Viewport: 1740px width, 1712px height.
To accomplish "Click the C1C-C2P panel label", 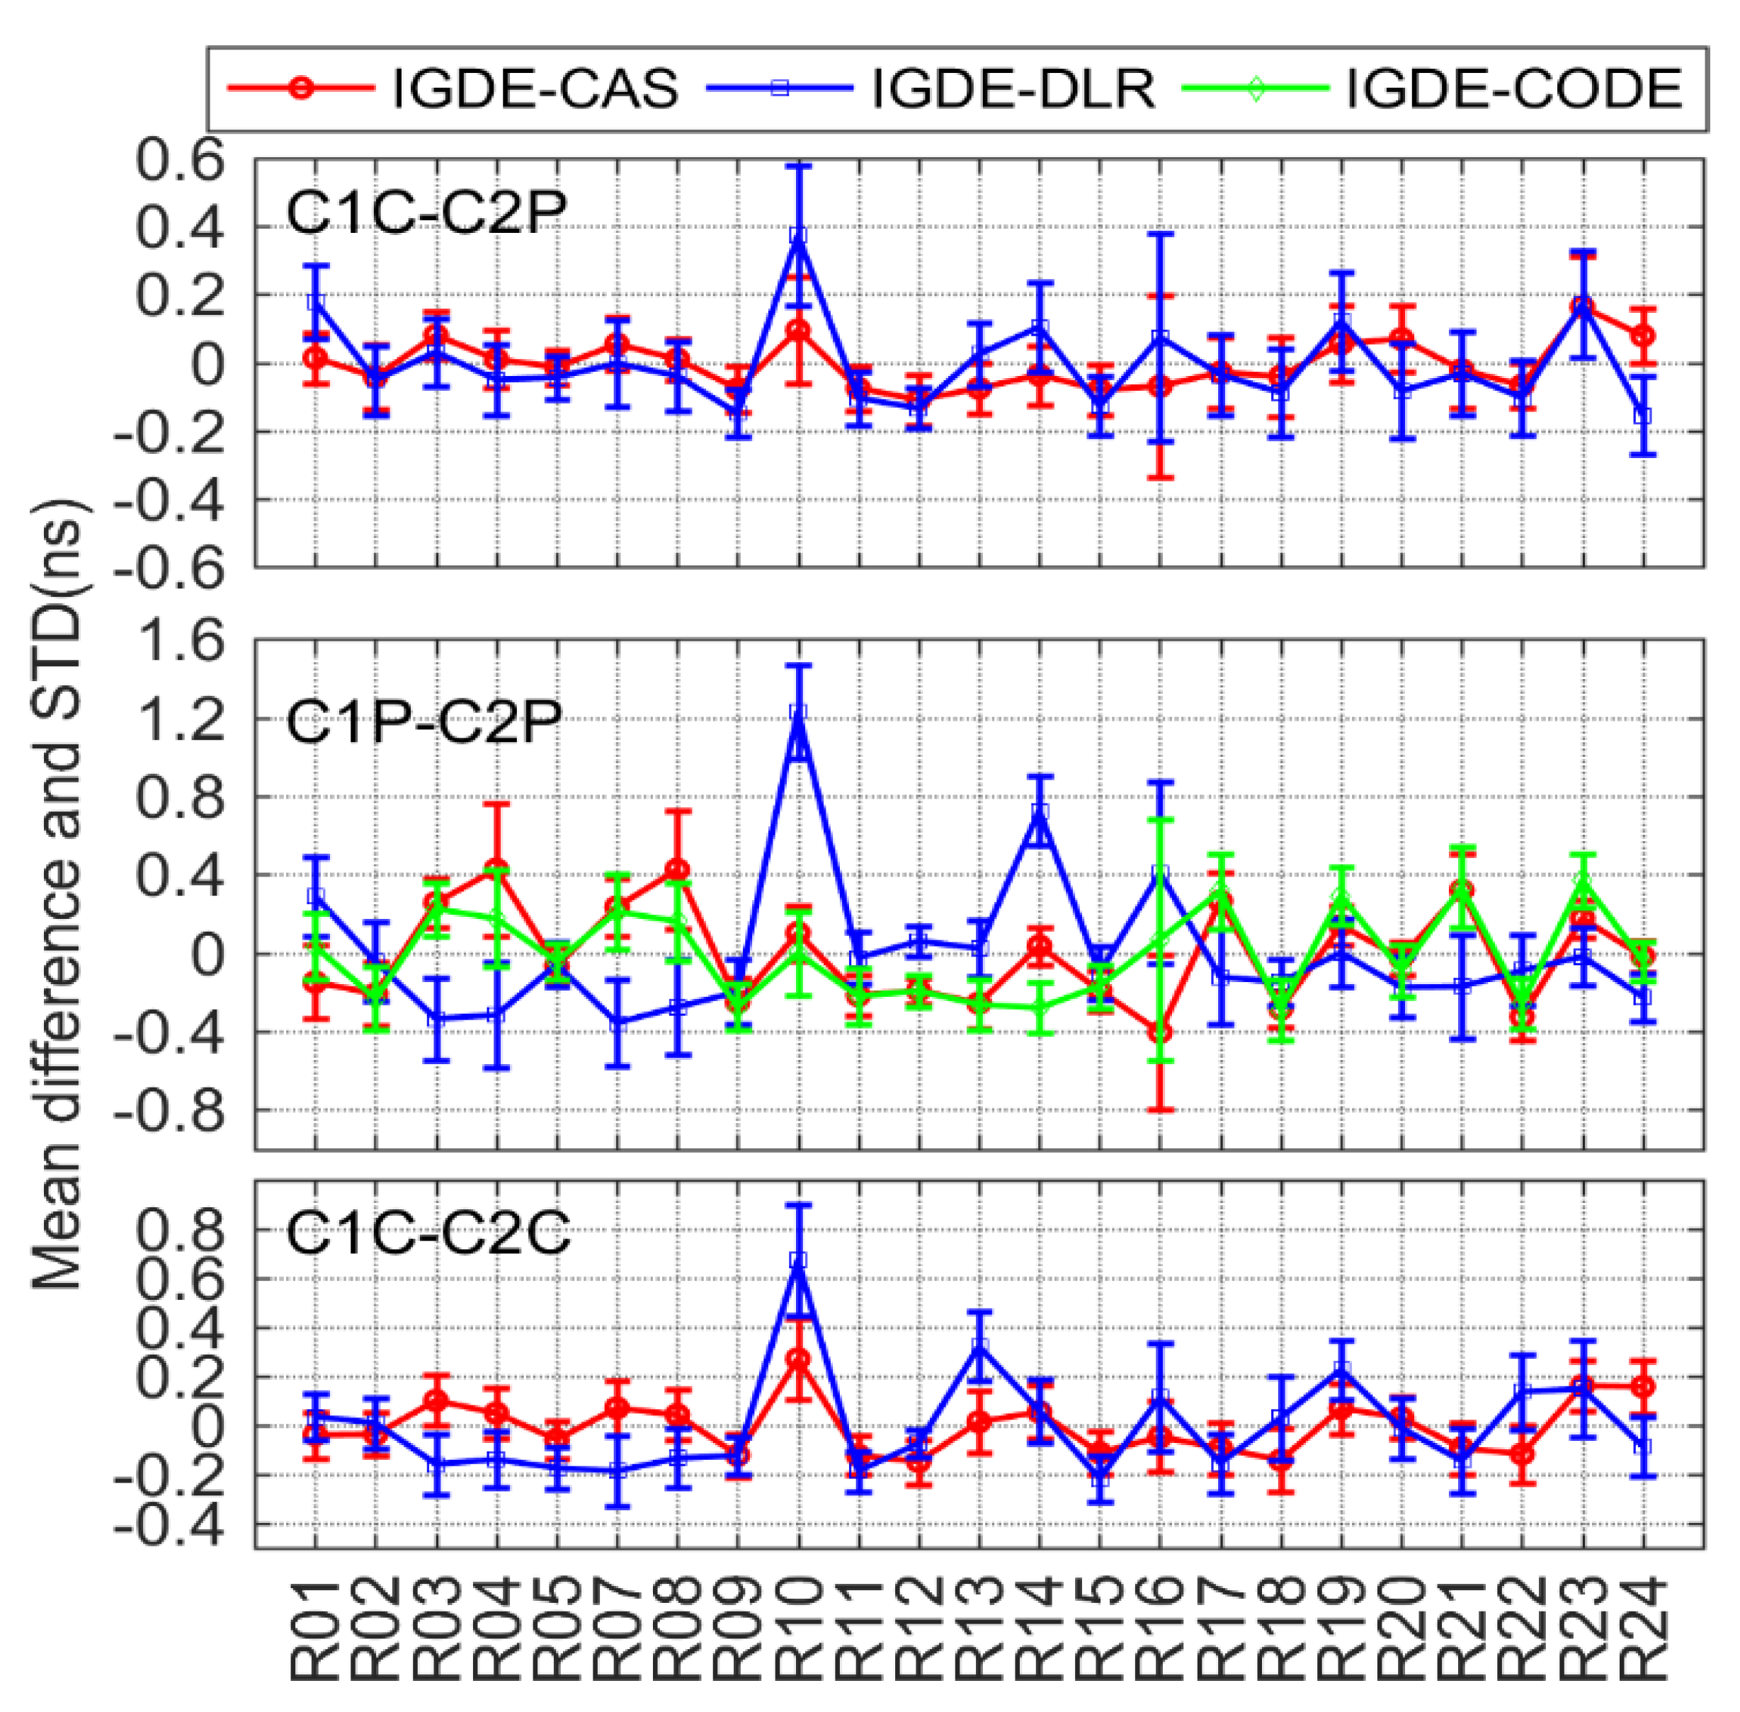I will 426,213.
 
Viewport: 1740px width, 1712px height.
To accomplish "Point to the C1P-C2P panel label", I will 423,721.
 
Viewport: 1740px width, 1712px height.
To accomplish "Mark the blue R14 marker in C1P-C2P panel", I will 1040,813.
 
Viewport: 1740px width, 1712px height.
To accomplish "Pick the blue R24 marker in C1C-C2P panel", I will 1643,416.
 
